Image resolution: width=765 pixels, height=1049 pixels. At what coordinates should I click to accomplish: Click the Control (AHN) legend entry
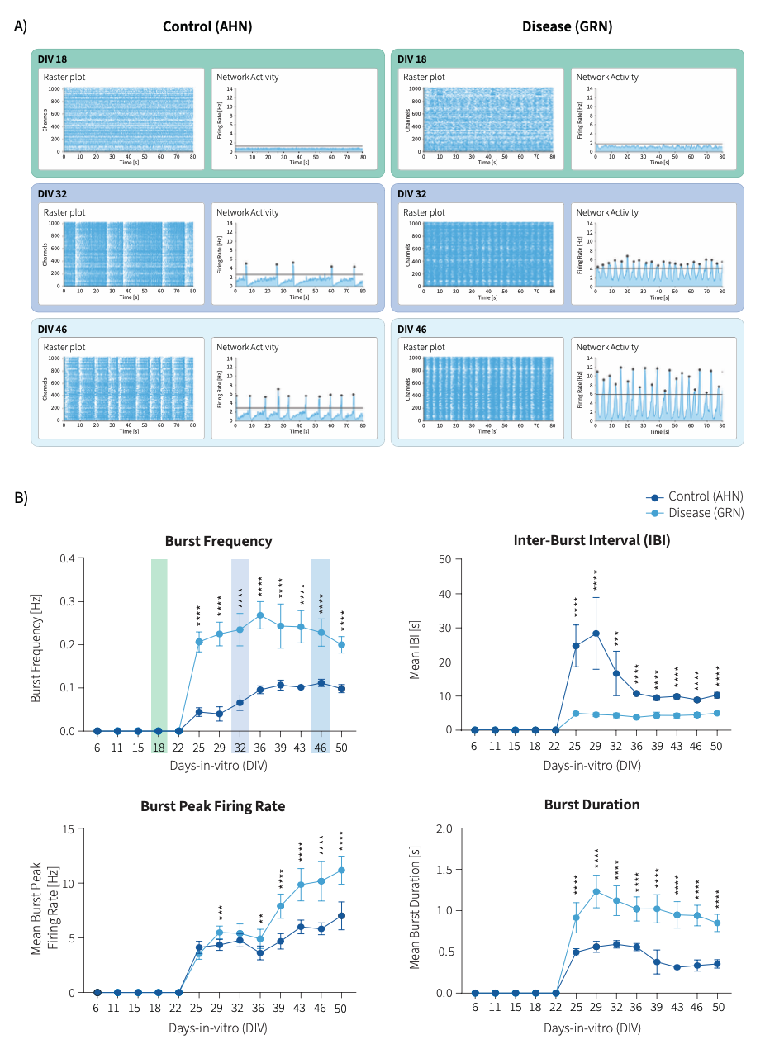click(x=705, y=496)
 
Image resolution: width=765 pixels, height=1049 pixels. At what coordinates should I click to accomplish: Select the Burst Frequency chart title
click(x=218, y=542)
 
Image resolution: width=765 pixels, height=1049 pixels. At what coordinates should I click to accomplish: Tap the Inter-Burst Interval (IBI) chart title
click(x=592, y=541)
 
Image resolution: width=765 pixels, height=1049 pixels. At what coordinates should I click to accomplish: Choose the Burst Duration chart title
click(x=592, y=805)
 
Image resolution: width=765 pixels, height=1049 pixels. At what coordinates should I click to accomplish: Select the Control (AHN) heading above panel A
click(x=207, y=26)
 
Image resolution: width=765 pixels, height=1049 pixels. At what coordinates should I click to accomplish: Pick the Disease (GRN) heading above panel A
click(x=566, y=26)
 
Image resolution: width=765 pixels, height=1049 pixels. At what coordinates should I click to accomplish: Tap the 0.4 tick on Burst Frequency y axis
click(x=69, y=559)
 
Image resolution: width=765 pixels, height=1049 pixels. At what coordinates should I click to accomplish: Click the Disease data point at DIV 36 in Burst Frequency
click(x=259, y=615)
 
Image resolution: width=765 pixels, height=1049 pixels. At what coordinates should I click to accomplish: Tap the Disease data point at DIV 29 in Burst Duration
click(x=596, y=891)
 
